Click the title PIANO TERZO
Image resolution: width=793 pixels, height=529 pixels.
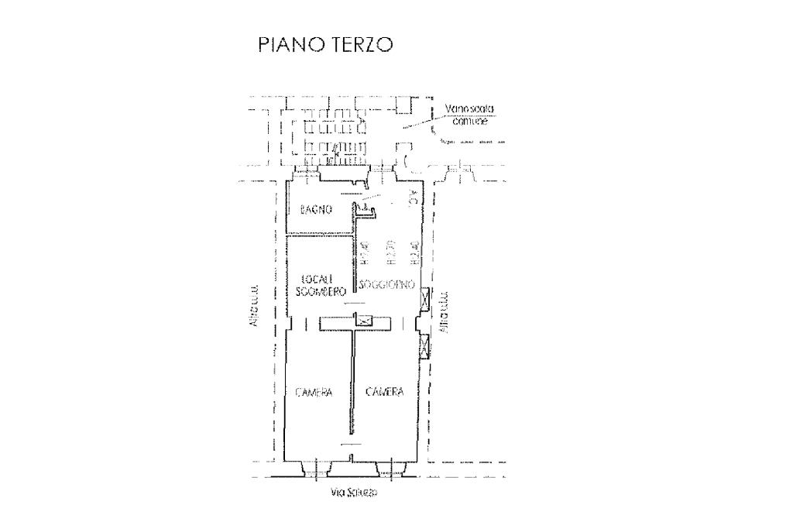[325, 46]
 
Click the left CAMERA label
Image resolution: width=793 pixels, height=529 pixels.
[314, 393]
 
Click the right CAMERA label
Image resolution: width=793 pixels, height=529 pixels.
[384, 393]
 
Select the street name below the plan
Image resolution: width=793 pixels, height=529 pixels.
[354, 493]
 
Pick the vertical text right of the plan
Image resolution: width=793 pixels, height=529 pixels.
[443, 314]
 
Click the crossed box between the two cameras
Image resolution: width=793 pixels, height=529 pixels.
[363, 320]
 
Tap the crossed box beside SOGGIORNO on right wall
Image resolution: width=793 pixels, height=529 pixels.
[424, 297]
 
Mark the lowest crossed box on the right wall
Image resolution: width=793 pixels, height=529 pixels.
[424, 346]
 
